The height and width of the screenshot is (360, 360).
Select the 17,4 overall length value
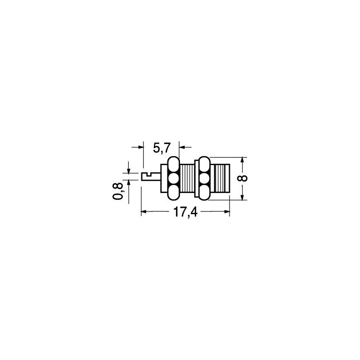[x=185, y=212]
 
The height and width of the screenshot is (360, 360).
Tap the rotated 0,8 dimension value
[x=118, y=191]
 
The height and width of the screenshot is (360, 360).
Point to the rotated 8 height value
[x=243, y=178]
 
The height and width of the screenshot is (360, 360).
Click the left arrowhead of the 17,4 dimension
[x=144, y=211]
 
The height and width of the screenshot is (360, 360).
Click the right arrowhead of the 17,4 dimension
[x=227, y=211]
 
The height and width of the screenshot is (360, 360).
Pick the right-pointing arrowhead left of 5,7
[x=140, y=147]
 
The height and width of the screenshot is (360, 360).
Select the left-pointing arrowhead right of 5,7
[x=182, y=147]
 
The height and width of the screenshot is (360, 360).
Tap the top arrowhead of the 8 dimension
[x=242, y=160]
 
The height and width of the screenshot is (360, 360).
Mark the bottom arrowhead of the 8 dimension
[x=242, y=197]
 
